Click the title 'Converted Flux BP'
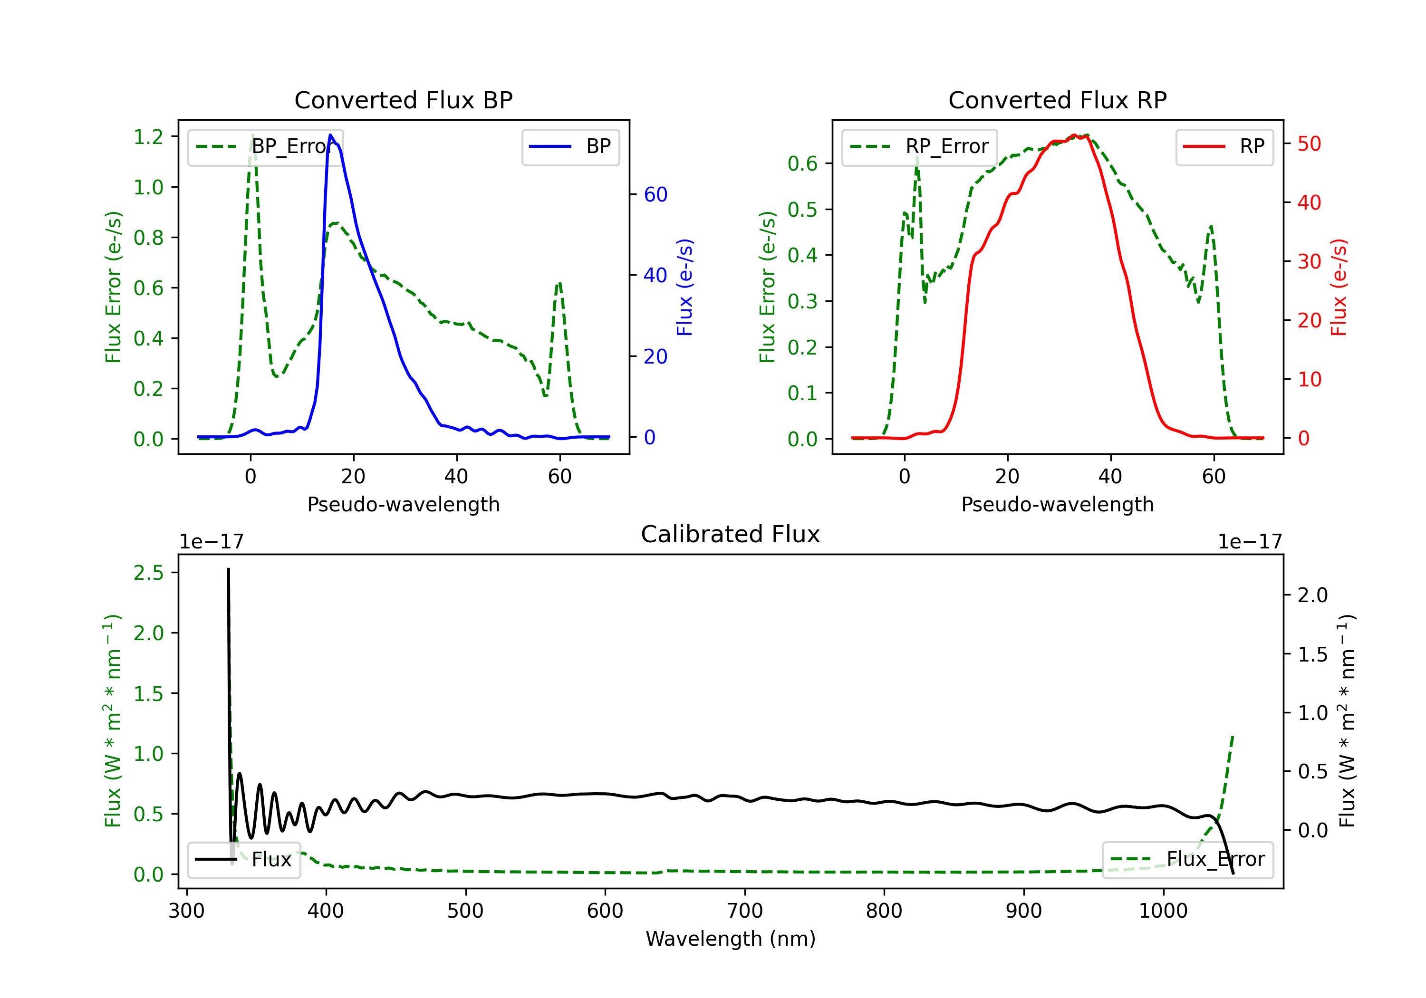click(403, 100)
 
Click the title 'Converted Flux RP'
click(1057, 100)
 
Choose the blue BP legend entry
click(570, 146)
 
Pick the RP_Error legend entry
click(919, 146)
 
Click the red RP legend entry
click(1224, 146)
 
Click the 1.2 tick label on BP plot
click(148, 136)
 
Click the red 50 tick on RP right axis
click(1309, 144)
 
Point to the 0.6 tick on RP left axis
click(802, 163)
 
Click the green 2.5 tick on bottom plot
click(148, 573)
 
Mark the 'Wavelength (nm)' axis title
click(731, 939)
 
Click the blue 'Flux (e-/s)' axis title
click(684, 287)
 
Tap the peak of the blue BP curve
click(330, 135)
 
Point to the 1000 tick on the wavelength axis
click(1163, 911)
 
